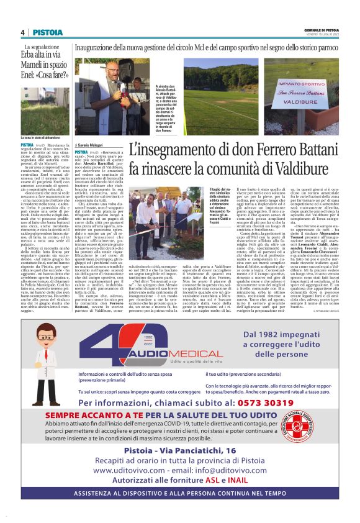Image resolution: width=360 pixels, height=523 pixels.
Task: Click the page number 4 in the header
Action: pos(22,32)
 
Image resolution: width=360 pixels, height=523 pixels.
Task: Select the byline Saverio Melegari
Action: pos(92,143)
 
